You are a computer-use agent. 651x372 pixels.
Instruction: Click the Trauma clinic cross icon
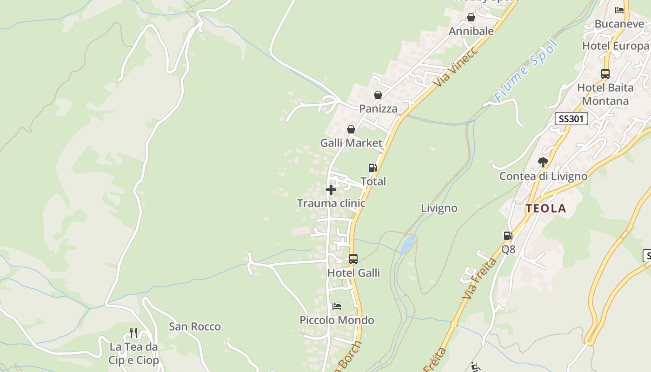[331, 190]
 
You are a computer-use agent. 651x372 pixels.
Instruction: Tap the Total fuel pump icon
[372, 168]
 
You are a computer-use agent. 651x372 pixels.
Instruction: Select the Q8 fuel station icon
[508, 236]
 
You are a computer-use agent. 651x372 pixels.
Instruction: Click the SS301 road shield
[571, 119]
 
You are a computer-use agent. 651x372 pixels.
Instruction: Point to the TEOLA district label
[546, 209]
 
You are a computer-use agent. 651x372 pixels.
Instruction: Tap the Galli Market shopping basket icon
[351, 129]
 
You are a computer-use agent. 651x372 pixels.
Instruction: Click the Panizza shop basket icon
[378, 95]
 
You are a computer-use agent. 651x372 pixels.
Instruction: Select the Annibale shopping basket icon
[471, 18]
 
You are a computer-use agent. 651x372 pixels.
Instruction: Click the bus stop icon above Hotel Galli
[353, 259]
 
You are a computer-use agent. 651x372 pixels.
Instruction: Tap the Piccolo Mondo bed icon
[337, 306]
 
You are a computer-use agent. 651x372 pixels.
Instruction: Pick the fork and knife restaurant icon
[133, 333]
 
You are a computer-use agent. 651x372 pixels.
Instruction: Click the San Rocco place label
[195, 326]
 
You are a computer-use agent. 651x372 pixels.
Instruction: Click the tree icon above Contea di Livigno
[543, 162]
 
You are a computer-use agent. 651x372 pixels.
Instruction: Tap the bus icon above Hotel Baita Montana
[605, 73]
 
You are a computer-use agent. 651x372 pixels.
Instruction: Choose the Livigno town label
[439, 208]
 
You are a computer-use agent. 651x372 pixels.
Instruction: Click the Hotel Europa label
[616, 46]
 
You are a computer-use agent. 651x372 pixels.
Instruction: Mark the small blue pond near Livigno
[408, 244]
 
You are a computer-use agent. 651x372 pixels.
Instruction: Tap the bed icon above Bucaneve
[619, 10]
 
